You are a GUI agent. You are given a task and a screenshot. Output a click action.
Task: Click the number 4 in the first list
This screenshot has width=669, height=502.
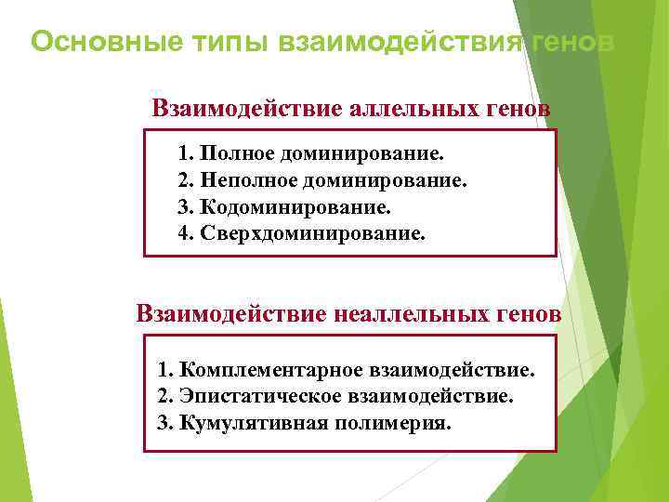[x=182, y=231]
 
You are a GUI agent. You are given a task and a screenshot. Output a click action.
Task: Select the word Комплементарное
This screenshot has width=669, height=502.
[x=273, y=371]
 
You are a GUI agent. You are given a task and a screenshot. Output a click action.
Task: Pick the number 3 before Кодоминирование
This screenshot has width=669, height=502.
[x=182, y=205]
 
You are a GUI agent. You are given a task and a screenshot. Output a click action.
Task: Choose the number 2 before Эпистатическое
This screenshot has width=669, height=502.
[x=164, y=397]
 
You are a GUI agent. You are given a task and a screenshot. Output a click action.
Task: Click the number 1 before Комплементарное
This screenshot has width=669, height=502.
[x=164, y=371]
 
